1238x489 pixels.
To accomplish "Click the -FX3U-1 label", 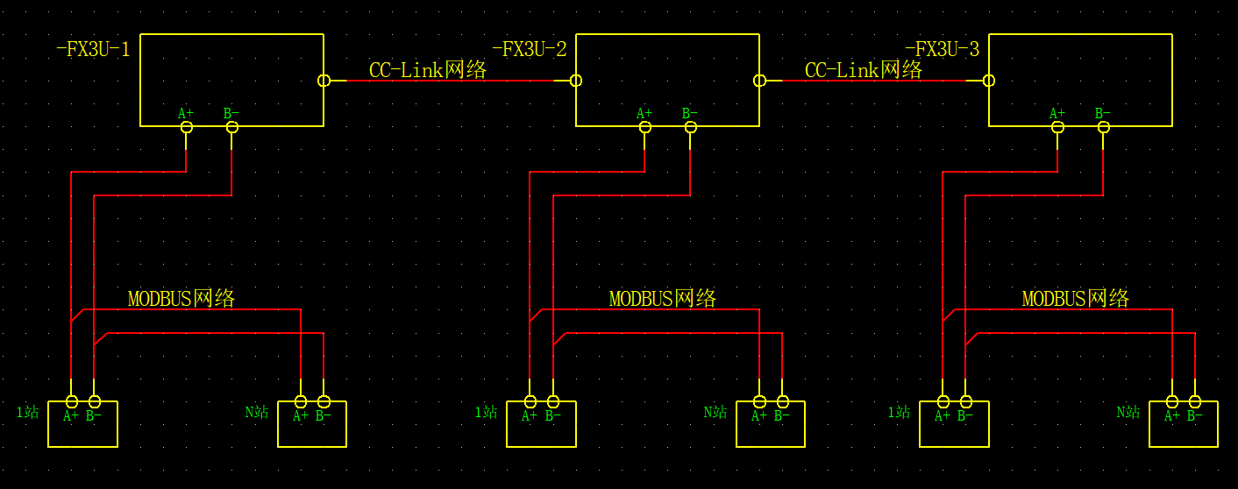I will (93, 50).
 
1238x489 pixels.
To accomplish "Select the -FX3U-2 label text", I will (529, 50).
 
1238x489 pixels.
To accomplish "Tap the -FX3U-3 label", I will (942, 50).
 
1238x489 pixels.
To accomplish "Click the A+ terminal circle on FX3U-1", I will (186, 127).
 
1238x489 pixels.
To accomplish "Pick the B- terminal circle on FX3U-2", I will (690, 127).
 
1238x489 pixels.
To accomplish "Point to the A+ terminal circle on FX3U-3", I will (1057, 127).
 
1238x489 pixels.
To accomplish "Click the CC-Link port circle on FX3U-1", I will (324, 81).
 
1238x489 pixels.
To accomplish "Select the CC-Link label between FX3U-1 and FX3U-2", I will (428, 70).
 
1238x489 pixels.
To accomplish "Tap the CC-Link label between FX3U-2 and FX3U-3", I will (864, 70).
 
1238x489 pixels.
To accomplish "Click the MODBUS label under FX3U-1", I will (181, 299).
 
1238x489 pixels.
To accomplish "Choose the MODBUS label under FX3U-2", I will (663, 299).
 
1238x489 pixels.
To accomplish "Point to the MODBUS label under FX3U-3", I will (1076, 299).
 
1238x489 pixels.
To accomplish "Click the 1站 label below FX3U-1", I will (28, 412).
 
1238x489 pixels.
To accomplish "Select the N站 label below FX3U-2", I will (715, 412).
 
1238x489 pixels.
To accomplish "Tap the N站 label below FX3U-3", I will (1128, 412).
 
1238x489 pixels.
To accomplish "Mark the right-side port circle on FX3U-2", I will (759, 81).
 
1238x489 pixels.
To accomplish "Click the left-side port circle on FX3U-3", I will (989, 81).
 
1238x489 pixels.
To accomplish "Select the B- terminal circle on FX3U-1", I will (231, 127).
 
